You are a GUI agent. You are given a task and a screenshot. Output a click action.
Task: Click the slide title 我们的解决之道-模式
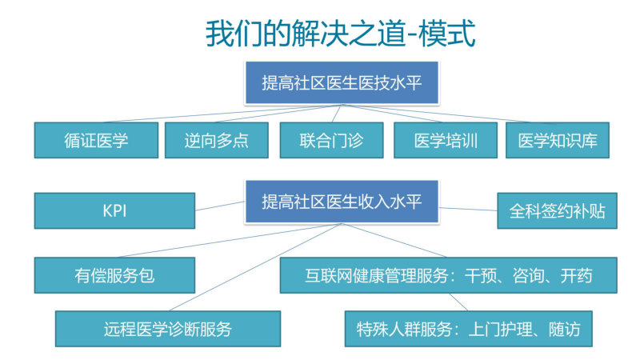click(341, 34)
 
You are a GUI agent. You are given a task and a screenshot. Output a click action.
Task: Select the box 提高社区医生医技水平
click(342, 83)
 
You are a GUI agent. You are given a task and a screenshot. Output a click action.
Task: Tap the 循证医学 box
click(96, 140)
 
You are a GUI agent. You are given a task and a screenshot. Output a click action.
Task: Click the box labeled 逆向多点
click(216, 140)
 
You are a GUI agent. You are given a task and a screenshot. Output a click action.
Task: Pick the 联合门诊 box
click(331, 140)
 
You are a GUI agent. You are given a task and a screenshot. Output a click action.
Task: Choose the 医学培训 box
click(446, 140)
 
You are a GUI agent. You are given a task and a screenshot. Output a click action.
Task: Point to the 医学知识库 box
click(557, 140)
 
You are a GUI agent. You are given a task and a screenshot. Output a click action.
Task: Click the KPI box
click(114, 210)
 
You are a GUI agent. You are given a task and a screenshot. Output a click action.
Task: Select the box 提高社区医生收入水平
click(342, 202)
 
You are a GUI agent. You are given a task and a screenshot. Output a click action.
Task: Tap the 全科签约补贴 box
click(557, 210)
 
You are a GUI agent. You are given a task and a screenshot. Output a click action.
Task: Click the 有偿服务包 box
click(114, 275)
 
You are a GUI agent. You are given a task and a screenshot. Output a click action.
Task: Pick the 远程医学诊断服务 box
click(168, 329)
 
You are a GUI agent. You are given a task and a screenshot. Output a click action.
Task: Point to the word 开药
click(576, 276)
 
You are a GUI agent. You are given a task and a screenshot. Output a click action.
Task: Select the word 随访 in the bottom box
click(565, 330)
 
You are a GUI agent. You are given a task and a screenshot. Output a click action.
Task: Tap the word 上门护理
click(501, 330)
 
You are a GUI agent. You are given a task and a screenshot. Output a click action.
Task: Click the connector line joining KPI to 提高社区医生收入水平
click(220, 206)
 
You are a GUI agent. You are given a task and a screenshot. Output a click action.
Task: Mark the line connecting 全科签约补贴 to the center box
click(468, 209)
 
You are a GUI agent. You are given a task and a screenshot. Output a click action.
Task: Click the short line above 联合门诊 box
click(336, 114)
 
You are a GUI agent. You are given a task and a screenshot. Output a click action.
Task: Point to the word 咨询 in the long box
click(529, 276)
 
